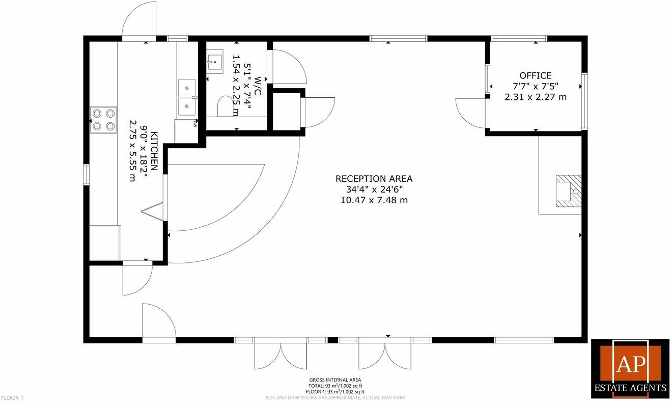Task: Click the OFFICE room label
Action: pyautogui.click(x=535, y=76)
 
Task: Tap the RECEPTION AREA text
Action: pyautogui.click(x=374, y=179)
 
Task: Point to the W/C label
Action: pyautogui.click(x=258, y=86)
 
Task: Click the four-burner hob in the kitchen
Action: pyautogui.click(x=103, y=120)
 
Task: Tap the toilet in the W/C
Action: pyautogui.click(x=225, y=107)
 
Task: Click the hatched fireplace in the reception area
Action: pyautogui.click(x=568, y=191)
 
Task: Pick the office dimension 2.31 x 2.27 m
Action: pyautogui.click(x=535, y=97)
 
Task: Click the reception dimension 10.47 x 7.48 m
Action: pyautogui.click(x=374, y=200)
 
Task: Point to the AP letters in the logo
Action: pyautogui.click(x=630, y=365)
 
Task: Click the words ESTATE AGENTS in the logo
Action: pyautogui.click(x=630, y=388)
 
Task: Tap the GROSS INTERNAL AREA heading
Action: pyautogui.click(x=335, y=380)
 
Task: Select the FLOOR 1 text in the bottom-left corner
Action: pyautogui.click(x=12, y=397)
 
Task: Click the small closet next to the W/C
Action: pyautogui.click(x=286, y=112)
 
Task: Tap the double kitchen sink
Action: pyautogui.click(x=187, y=97)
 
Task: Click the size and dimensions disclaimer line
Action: pyautogui.click(x=335, y=397)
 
